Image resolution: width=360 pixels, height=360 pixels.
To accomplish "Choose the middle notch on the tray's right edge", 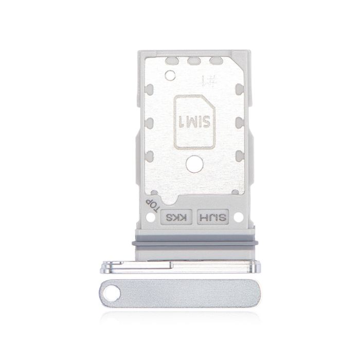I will [x=238, y=123].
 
